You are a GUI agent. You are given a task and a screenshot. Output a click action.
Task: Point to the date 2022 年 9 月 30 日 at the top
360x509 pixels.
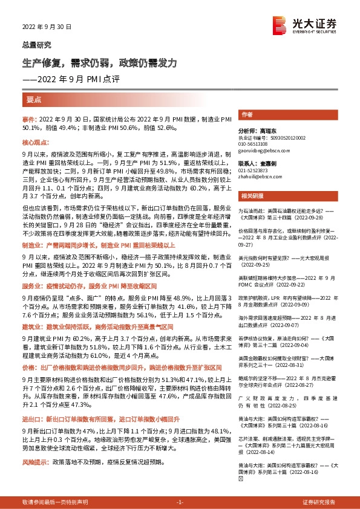pyautogui.click(x=47, y=27)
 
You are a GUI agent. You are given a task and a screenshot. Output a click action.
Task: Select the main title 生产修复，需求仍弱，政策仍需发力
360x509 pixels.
pyautogui.click(x=100, y=63)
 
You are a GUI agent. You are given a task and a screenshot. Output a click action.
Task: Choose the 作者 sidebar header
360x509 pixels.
pyautogui.click(x=247, y=114)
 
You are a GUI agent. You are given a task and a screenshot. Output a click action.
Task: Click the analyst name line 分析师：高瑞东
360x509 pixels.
pyautogui.click(x=257, y=131)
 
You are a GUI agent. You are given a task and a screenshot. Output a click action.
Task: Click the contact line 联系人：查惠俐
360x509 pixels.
pyautogui.click(x=257, y=163)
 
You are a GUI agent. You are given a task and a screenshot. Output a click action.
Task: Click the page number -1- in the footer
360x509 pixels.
pyautogui.click(x=180, y=502)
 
